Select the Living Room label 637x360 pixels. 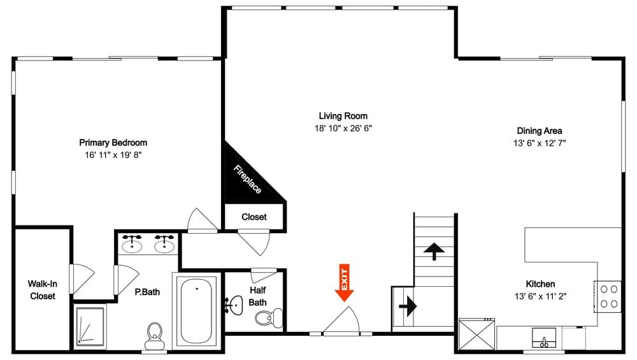(x=343, y=116)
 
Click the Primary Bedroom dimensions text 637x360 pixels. (x=113, y=155)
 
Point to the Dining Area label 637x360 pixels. (x=539, y=131)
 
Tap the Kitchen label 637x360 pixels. (x=540, y=284)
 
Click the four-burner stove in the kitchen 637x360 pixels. (x=608, y=296)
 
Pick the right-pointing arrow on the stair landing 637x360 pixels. (x=407, y=306)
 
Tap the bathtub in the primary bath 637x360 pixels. (x=197, y=310)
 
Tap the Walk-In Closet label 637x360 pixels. (x=41, y=290)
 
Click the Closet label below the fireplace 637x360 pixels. (x=254, y=217)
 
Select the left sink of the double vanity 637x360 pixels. (x=133, y=243)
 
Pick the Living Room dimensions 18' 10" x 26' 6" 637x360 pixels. (x=343, y=128)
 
